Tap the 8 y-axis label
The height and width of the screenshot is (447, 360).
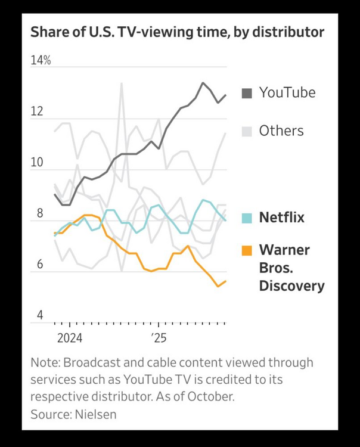pos(39,213)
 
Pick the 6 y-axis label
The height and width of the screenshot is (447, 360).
pos(39,264)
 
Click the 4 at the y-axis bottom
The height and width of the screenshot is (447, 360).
pos(39,315)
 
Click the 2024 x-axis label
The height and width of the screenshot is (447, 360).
pos(69,338)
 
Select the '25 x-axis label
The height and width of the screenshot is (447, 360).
pos(159,338)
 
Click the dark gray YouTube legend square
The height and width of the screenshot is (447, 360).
pos(246,93)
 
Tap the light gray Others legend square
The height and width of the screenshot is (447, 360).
pos(246,131)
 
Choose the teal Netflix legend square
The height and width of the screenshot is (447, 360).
pos(246,218)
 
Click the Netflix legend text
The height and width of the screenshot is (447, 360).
pos(281,218)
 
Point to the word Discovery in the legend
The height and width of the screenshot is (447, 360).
pos(291,286)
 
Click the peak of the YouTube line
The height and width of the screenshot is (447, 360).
pos(203,83)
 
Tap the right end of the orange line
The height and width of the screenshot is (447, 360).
pos(225,281)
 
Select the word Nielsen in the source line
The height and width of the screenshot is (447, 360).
pos(95,414)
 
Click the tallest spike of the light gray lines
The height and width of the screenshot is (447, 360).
pos(122,83)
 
